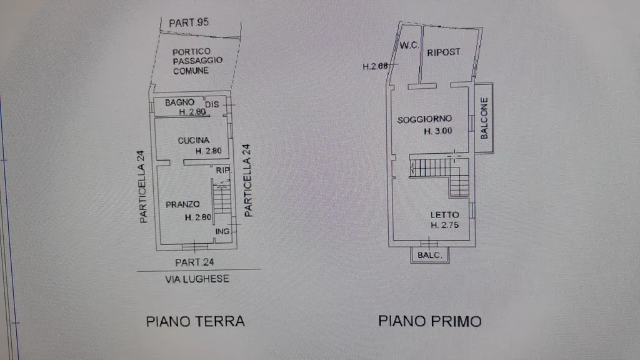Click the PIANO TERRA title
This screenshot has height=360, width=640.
pos(196,321)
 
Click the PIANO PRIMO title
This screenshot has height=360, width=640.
pos(430,321)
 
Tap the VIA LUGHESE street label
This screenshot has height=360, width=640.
pos(197,279)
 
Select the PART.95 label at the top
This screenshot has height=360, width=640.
pos(189,22)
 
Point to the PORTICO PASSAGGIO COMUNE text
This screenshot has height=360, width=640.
pos(197,61)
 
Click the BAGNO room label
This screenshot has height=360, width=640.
pos(179,102)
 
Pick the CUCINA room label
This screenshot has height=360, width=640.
pos(194,141)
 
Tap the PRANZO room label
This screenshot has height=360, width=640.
pos(182,204)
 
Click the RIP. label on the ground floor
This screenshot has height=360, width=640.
pos(223,170)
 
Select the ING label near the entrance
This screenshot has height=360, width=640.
pos(222,231)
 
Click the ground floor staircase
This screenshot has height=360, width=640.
pos(222,198)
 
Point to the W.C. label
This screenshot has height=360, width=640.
pos(409,45)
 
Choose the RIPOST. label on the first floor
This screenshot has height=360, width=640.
pos(444,52)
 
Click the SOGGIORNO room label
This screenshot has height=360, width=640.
pos(424,119)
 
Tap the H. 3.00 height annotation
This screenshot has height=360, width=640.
pos(438,131)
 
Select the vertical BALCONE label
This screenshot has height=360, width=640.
pos(484,118)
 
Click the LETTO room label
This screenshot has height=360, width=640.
pos(444,215)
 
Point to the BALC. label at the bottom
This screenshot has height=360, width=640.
pos(430,255)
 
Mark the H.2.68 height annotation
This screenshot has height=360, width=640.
pos(375,66)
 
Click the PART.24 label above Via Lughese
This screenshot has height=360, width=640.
pos(194,262)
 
